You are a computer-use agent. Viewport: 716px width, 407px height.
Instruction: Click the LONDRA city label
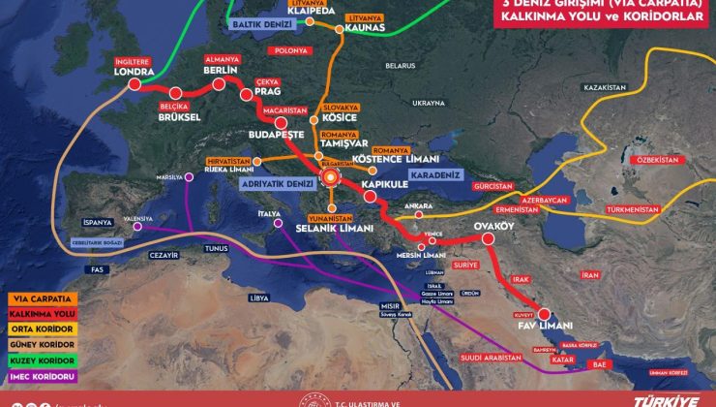click(x=134, y=72)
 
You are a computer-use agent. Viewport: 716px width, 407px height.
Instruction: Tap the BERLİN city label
click(x=221, y=72)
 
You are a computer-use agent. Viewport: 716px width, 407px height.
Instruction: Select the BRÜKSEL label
click(x=179, y=117)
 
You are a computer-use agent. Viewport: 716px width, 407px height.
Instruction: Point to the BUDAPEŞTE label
click(x=277, y=137)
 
